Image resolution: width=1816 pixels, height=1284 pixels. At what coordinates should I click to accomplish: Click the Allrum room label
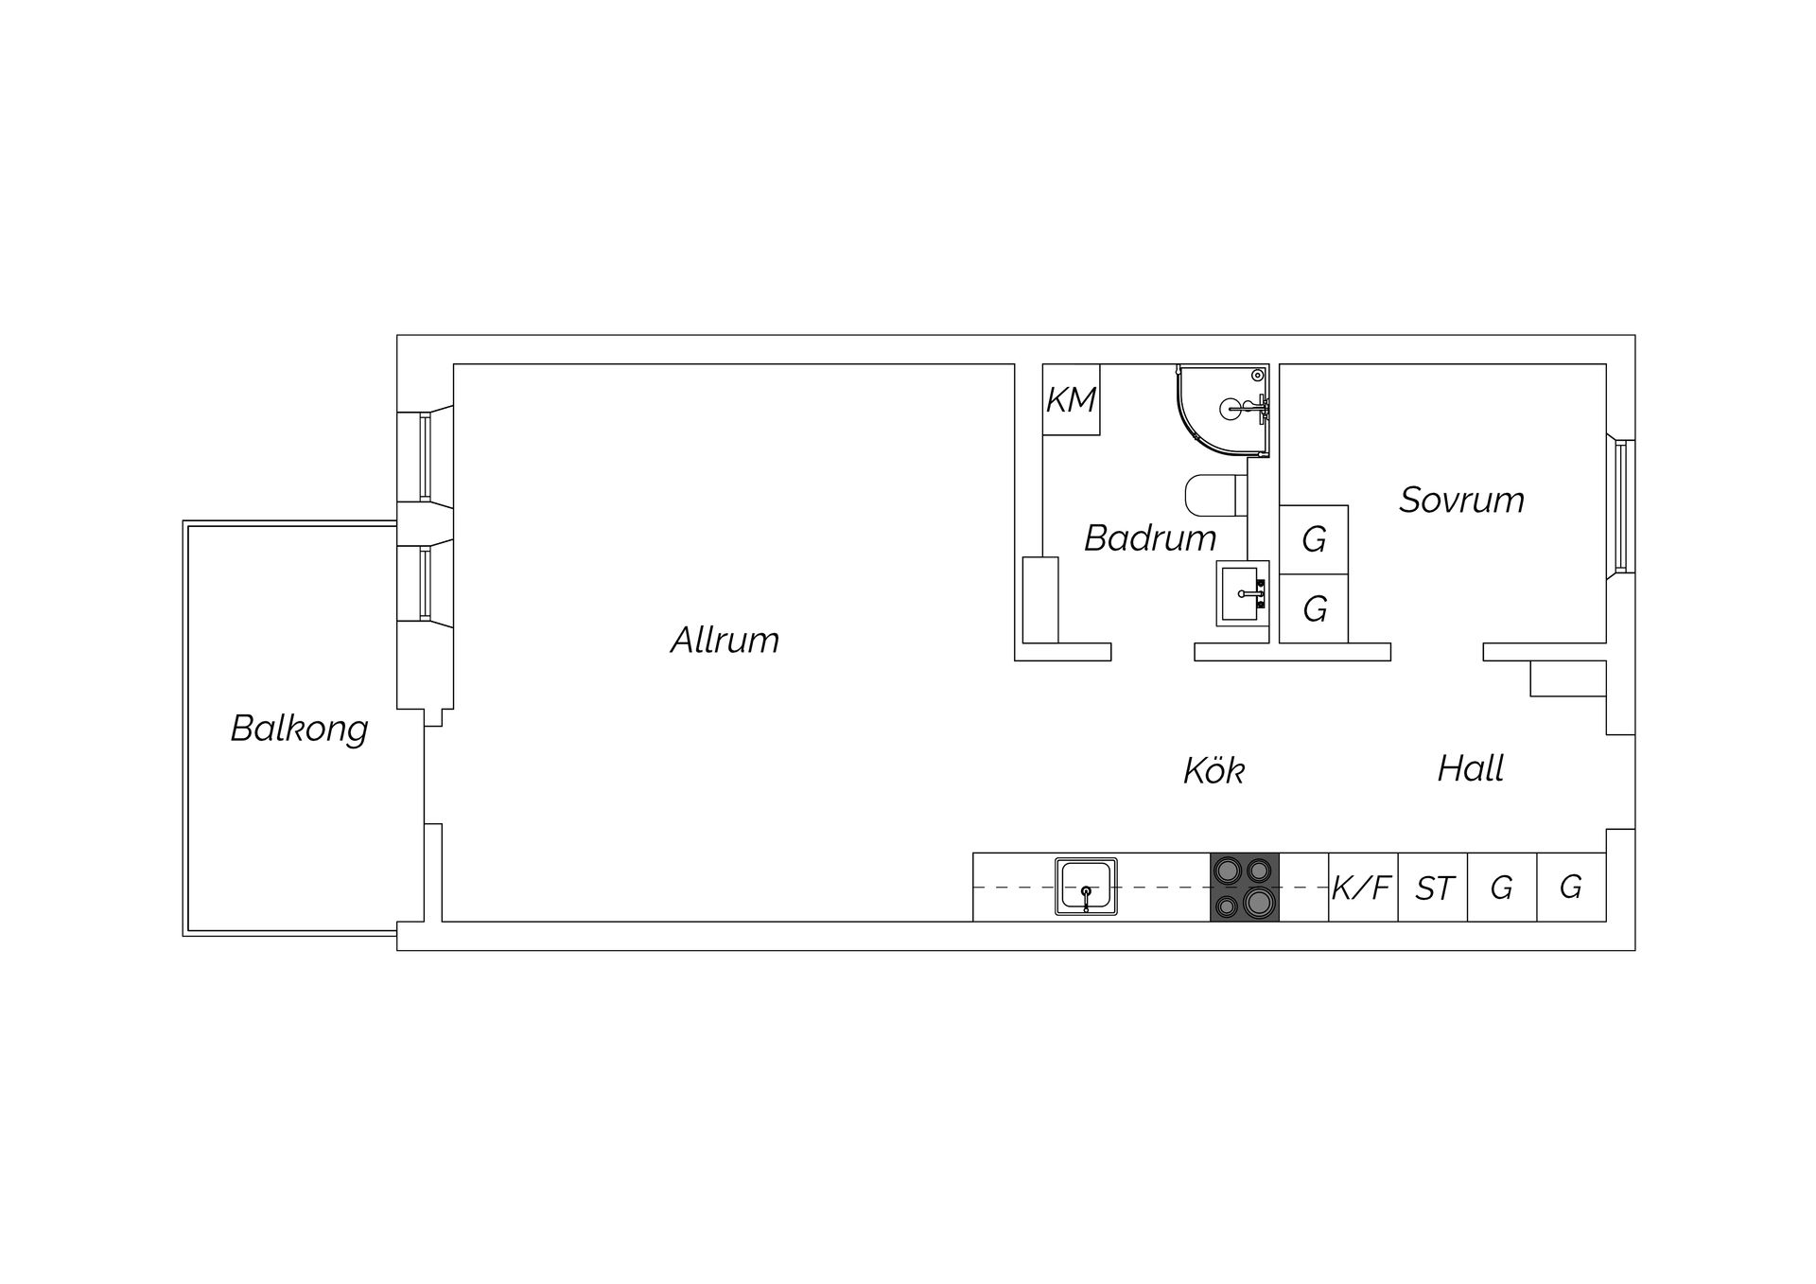[725, 641]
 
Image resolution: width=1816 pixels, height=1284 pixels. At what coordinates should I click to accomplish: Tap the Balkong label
[299, 729]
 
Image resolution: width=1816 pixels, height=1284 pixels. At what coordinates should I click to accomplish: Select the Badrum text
[1150, 538]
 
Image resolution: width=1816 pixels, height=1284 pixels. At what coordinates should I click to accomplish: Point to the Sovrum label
[1461, 500]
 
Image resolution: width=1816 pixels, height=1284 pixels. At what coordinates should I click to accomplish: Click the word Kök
[1214, 770]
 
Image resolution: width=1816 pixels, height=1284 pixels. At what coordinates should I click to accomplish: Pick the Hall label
[1470, 768]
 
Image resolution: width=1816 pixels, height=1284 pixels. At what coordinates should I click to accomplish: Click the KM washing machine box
[1072, 399]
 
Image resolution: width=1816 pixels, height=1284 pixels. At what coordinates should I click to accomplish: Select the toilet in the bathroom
[1216, 495]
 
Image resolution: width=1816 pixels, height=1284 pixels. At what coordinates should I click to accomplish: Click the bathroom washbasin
[1242, 593]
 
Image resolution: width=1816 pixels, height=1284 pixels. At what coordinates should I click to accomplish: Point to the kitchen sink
[1086, 887]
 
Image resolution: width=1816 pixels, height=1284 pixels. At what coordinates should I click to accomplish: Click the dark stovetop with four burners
[1245, 888]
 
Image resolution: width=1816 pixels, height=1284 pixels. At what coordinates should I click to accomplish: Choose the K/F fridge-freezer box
[1363, 888]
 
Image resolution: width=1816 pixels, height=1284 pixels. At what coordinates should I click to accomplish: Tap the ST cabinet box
[1433, 888]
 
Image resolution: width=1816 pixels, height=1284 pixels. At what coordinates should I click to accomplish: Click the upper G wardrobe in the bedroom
[1314, 539]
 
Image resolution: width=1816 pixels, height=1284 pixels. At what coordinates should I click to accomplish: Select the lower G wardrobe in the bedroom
[1314, 608]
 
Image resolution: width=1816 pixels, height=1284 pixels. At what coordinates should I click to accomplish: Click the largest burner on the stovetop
[1258, 902]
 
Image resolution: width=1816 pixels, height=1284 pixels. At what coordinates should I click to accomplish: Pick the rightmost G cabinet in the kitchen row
[1571, 888]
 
